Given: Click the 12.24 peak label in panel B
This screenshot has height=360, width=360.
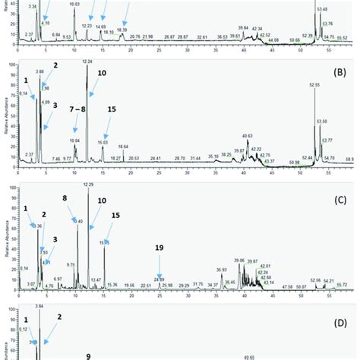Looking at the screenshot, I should coord(87,61).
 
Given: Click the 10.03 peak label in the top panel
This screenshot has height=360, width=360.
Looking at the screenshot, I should coord(74,5).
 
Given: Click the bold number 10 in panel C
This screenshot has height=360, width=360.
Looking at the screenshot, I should coord(102,201).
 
